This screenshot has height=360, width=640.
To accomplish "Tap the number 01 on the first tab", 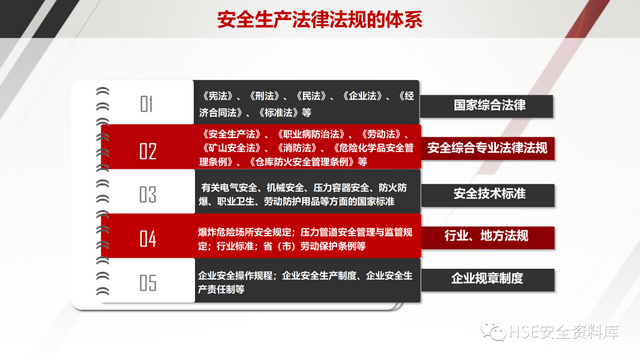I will [x=148, y=104].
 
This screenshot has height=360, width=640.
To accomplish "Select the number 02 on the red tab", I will [x=148, y=151].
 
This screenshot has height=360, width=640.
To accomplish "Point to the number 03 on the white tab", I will [x=148, y=194].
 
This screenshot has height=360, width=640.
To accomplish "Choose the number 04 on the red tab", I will [x=148, y=238].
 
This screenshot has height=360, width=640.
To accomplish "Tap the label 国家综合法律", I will [x=487, y=104].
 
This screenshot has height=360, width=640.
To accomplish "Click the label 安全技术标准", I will [x=487, y=192].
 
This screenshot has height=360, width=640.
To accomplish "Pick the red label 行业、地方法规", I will [x=487, y=236].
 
